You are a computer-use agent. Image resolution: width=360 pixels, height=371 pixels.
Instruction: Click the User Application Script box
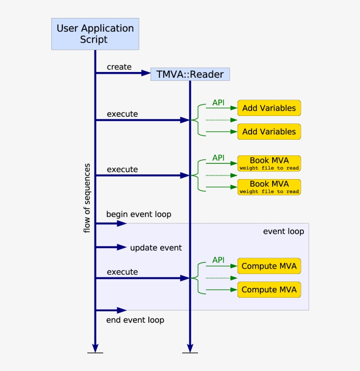95,34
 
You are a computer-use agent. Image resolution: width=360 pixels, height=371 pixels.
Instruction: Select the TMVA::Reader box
190,74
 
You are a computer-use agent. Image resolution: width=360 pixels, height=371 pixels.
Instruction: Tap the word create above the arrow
119,67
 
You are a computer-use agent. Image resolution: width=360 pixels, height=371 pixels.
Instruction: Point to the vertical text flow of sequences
87,198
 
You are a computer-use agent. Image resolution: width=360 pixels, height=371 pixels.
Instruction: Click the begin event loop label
138,214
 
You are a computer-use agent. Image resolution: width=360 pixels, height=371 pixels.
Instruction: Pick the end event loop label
135,320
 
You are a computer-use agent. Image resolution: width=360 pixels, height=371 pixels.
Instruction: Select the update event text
156,248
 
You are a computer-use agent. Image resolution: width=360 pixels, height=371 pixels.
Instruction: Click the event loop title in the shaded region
283,231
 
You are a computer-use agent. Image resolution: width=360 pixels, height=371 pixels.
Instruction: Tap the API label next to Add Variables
218,102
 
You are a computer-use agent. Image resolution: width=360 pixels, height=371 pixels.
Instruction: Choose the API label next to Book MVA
218,158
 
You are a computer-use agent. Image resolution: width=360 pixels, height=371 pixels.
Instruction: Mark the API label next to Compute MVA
218,260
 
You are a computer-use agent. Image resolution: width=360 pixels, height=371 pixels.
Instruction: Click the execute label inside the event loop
122,272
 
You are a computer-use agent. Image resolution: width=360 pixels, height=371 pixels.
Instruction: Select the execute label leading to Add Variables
122,114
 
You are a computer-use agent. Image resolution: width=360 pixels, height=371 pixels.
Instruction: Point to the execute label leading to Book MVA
122,169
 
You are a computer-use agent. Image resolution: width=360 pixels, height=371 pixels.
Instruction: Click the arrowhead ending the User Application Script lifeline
95,347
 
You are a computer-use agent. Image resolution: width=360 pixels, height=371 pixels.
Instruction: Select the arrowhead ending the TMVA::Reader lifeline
190,347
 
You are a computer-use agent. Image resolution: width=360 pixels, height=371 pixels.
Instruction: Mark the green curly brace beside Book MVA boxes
198,175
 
